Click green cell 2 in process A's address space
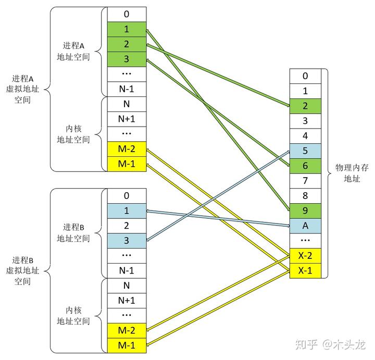(x=127, y=44)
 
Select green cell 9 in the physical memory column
(x=305, y=210)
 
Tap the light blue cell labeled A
(x=305, y=226)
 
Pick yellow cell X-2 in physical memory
(x=305, y=256)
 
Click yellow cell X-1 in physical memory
(x=305, y=271)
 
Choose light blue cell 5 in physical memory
(x=305, y=151)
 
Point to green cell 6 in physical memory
(x=305, y=166)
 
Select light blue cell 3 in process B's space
(x=127, y=241)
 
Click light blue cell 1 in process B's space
(x=127, y=210)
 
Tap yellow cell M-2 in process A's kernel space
(x=127, y=149)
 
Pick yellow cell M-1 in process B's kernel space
(x=127, y=345)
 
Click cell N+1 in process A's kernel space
(x=127, y=119)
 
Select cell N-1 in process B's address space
(x=127, y=270)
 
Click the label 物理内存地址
(x=352, y=173)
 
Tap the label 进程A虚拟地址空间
(x=22, y=89)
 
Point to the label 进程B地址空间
(x=73, y=232)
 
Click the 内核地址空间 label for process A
(x=73, y=134)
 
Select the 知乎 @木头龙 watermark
(x=331, y=345)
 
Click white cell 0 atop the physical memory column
(x=305, y=76)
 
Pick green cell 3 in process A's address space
(x=127, y=59)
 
